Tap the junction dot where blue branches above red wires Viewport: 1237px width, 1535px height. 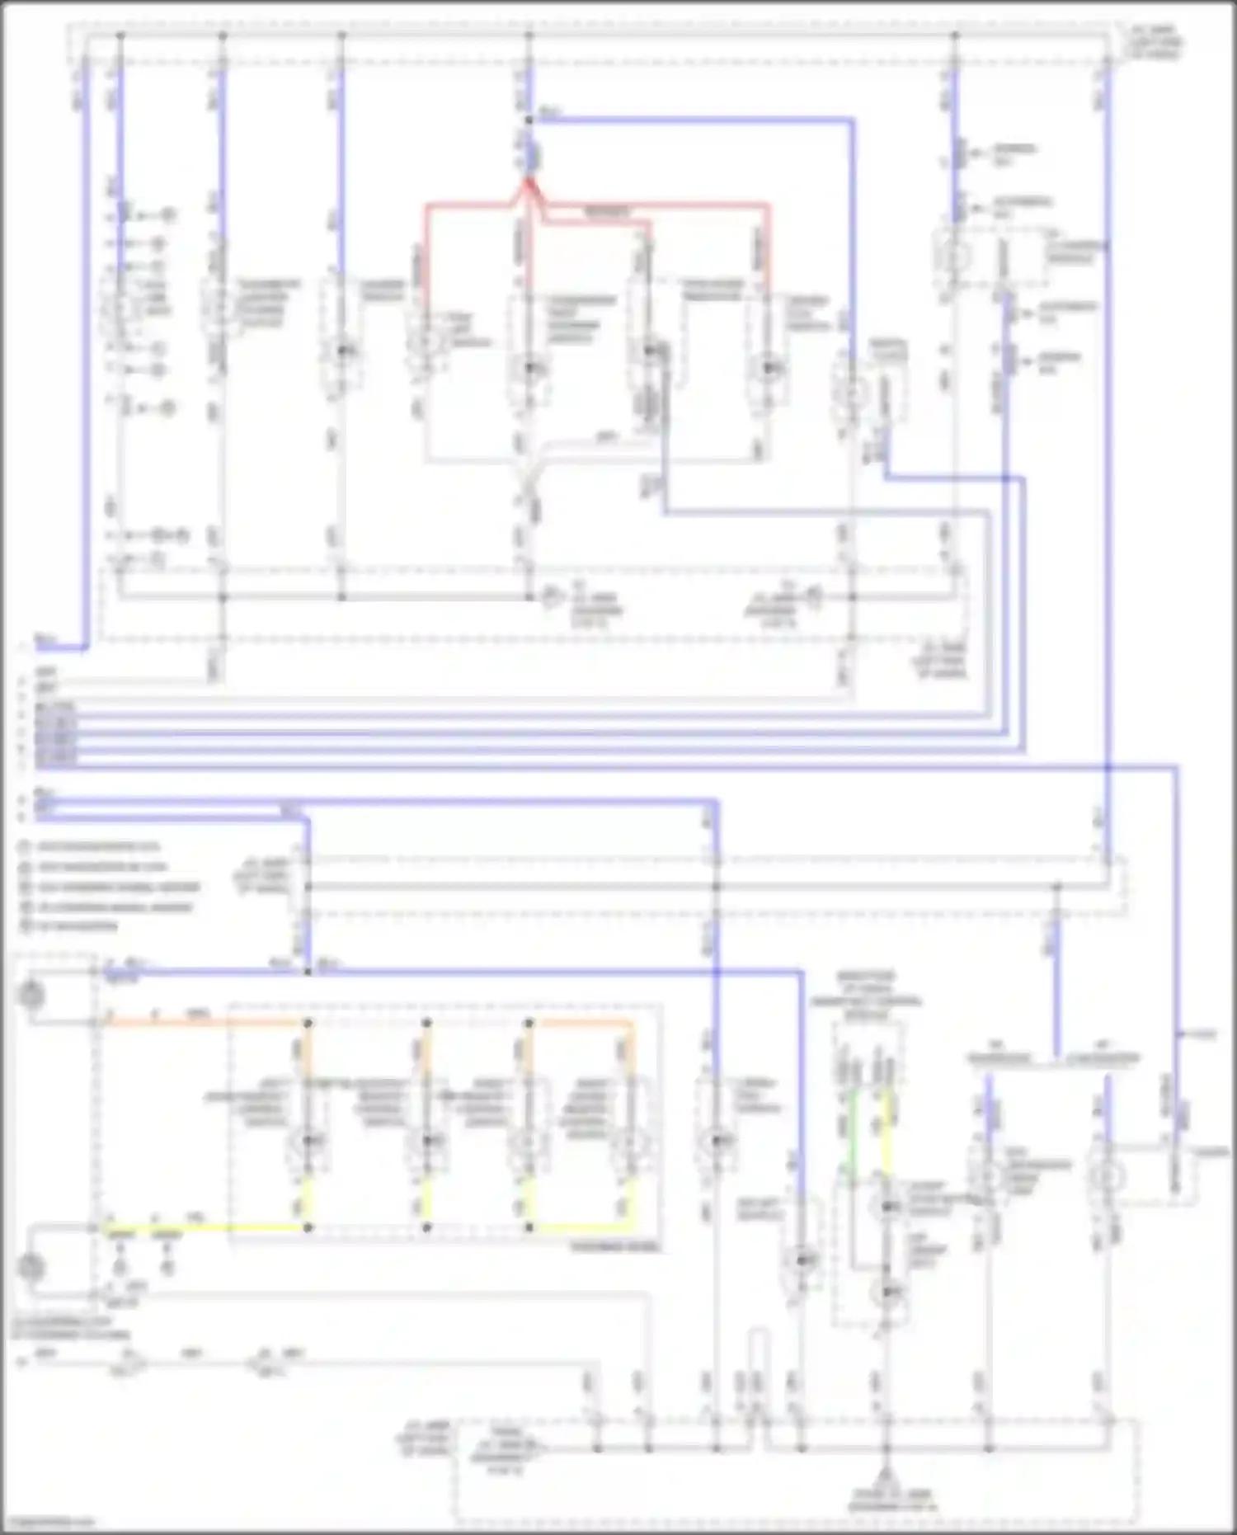(x=529, y=120)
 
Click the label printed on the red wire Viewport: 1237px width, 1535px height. (x=606, y=212)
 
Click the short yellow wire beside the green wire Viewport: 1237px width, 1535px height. (x=888, y=1130)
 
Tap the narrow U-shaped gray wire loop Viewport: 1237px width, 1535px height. (x=756, y=1361)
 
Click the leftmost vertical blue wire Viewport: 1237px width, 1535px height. (x=83, y=355)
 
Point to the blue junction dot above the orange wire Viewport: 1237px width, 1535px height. (x=308, y=972)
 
